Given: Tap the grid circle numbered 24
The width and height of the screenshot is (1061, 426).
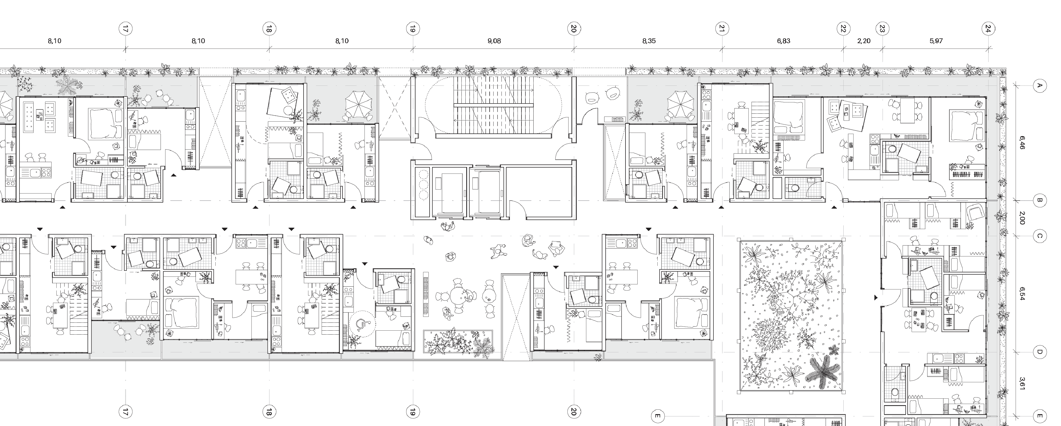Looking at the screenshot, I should (x=988, y=29).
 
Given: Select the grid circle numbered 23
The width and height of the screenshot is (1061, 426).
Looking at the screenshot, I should (x=882, y=29).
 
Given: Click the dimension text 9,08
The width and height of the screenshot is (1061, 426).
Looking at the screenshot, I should (x=494, y=41).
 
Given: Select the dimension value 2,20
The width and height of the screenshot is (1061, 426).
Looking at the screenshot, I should (x=864, y=41).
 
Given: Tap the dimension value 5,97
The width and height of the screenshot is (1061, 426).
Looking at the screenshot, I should (x=936, y=41).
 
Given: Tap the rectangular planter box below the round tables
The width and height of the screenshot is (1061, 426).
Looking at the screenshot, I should (x=458, y=342).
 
